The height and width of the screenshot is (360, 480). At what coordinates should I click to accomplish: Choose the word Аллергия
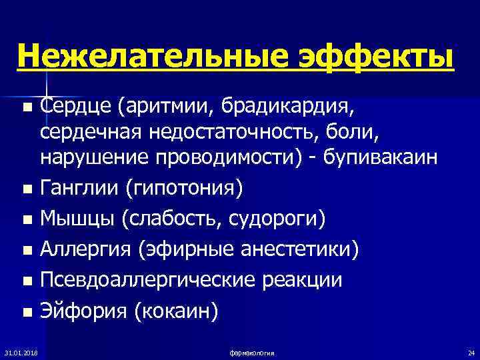point(86,250)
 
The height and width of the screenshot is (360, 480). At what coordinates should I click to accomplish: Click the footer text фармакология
point(250,352)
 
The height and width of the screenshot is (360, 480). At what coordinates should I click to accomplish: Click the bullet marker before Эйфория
point(26,310)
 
